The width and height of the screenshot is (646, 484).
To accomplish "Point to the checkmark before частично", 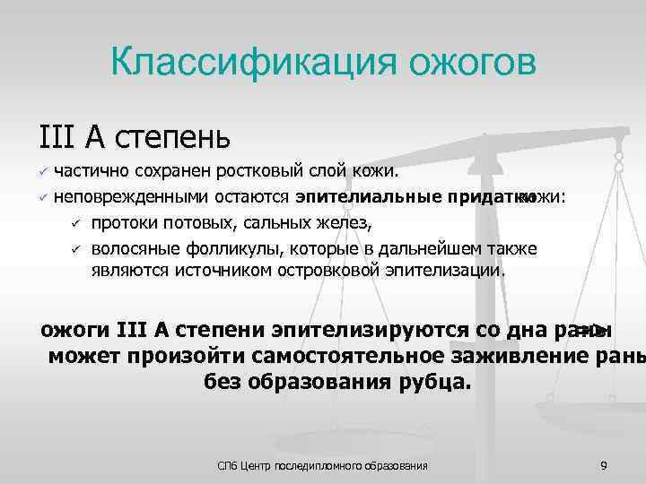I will coord(41,171).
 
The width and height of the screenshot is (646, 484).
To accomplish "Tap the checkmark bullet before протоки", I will coord(77,223).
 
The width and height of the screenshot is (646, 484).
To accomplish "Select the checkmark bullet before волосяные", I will coord(77,248).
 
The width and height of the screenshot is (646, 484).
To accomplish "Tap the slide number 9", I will coord(604,465).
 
